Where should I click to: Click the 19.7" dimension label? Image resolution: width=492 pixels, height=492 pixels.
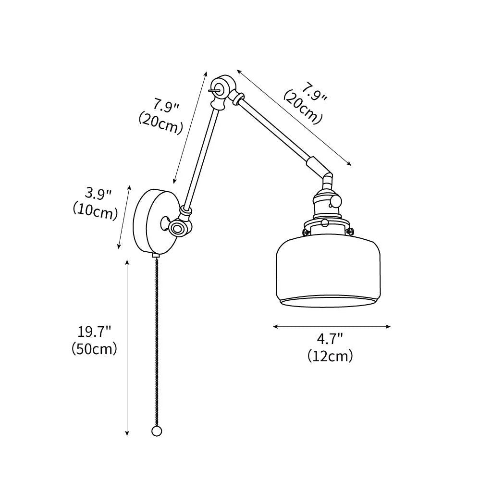coord(94,331)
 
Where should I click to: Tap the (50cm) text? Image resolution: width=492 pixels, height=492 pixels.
coord(94,349)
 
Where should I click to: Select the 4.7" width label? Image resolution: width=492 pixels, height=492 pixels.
coord(330,339)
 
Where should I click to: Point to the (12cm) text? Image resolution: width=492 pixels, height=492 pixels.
coord(330,356)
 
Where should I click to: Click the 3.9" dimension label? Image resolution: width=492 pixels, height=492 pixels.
coord(98,194)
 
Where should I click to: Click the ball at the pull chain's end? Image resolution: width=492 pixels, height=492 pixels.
coord(156,431)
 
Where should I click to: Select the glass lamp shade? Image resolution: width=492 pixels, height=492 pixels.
coord(328,271)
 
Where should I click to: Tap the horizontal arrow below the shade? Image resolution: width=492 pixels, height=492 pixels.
coord(332,327)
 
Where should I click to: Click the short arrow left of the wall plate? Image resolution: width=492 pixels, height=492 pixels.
coord(124,217)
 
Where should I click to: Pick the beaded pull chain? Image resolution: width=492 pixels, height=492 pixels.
coord(156,341)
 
